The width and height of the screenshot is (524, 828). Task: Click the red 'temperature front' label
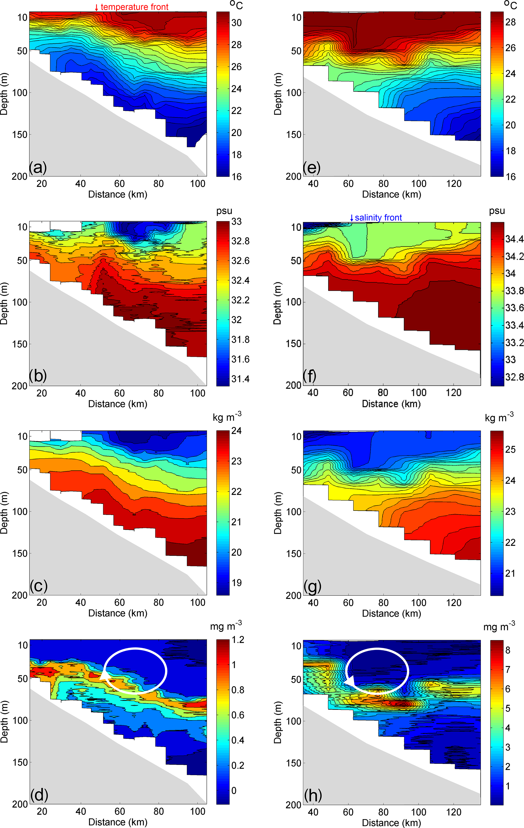tap(134, 7)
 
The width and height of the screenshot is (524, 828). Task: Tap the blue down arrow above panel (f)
tap(352, 218)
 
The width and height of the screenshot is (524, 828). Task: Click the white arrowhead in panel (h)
tap(349, 680)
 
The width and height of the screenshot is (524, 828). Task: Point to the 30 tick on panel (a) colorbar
tap(237, 23)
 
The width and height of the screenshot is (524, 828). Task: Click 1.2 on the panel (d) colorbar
tap(238, 640)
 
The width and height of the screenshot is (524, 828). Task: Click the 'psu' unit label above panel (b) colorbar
tap(224, 211)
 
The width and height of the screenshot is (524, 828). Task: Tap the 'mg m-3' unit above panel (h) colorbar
tap(499, 626)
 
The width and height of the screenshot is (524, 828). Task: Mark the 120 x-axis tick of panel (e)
tap(454, 184)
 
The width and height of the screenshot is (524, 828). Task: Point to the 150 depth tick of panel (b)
tap(20, 344)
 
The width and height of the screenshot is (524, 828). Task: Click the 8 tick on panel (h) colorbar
tap(508, 650)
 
